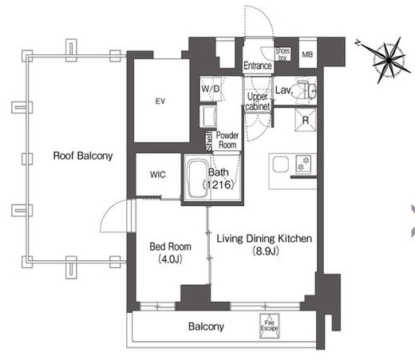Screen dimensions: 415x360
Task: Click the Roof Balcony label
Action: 83,156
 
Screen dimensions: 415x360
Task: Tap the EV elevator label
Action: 160,101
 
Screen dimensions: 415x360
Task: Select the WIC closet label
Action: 158,175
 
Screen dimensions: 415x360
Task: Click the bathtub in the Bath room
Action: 198,179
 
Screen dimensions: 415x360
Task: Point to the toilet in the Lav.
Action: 305,89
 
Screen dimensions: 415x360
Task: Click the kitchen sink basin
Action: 280,164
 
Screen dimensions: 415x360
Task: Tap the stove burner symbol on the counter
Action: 303,164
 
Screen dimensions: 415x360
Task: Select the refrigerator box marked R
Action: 306,121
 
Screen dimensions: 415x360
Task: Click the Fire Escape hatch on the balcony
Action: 270,326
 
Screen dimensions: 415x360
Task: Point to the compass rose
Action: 389,61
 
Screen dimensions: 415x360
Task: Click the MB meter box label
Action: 307,55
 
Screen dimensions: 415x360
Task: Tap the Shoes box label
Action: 283,54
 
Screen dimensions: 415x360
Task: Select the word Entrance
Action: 258,65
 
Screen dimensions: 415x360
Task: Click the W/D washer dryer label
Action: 211,89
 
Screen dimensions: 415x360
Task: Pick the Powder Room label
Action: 227,140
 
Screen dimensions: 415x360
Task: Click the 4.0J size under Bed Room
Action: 170,259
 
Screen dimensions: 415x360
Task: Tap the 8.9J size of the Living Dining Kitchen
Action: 266,251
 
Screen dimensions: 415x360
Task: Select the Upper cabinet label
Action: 258,101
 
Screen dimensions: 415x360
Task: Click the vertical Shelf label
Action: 209,140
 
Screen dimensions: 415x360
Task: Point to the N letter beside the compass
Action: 358,43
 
